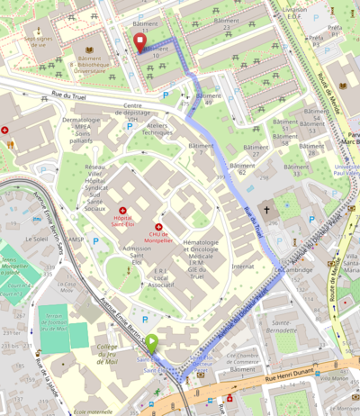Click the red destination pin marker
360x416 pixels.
tap(139, 42)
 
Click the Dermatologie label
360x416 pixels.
tap(82, 120)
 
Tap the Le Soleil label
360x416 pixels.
tap(37, 240)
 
